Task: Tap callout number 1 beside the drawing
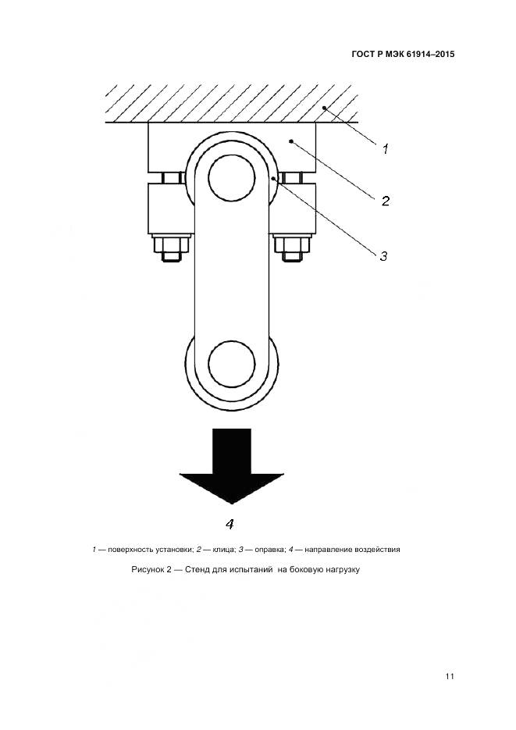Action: (x=386, y=148)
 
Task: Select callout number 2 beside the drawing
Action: (x=386, y=201)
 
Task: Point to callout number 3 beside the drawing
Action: (x=383, y=255)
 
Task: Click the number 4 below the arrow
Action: (x=230, y=522)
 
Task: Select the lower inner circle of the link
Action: (x=231, y=365)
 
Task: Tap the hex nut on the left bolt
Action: (x=172, y=247)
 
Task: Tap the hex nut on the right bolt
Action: (x=293, y=247)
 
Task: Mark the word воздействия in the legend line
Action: (x=377, y=550)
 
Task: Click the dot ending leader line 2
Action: (x=291, y=141)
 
